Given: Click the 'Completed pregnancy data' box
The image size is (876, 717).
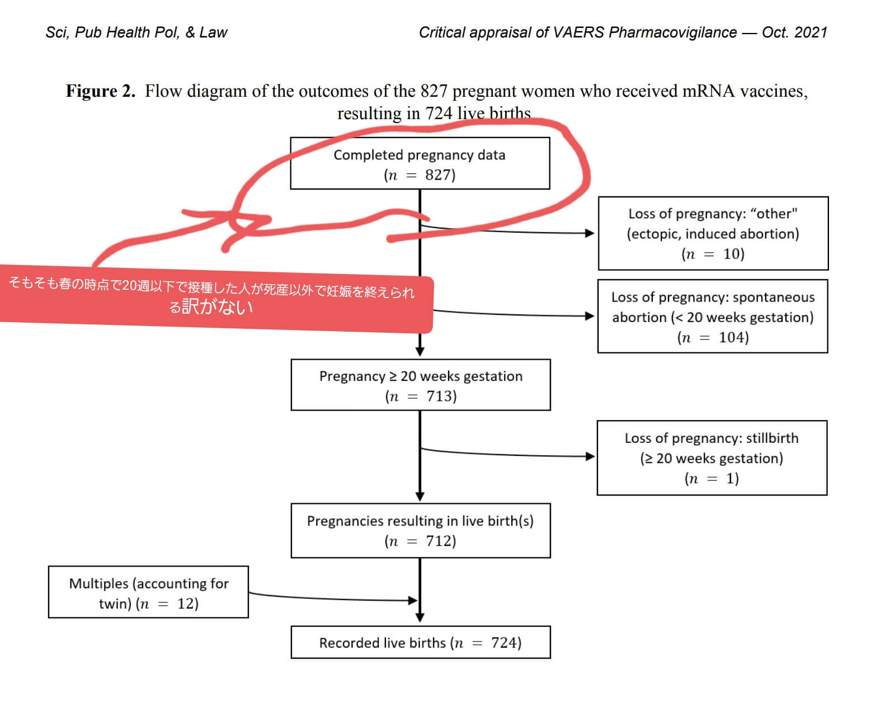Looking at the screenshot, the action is (x=420, y=163).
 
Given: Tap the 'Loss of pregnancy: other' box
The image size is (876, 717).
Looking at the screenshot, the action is (x=713, y=233).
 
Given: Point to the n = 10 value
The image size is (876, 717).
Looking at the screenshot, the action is (x=713, y=254).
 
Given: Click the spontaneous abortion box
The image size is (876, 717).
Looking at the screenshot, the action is (x=713, y=316).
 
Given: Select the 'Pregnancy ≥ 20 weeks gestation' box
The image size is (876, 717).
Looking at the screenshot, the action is (x=421, y=385).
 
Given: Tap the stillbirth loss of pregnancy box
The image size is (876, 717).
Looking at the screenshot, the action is (x=712, y=458).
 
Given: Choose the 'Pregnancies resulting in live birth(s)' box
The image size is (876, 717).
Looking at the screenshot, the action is (x=421, y=531).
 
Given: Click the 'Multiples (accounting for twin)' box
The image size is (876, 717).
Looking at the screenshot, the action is (x=148, y=592).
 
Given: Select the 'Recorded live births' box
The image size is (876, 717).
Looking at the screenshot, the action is (x=421, y=642).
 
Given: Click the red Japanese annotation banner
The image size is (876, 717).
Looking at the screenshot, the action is (x=216, y=298).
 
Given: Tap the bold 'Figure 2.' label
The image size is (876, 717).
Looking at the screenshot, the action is (x=101, y=91).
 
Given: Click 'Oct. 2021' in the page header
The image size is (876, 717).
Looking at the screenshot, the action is (x=794, y=32).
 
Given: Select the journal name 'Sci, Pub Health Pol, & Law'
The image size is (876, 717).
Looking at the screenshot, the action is (x=136, y=32).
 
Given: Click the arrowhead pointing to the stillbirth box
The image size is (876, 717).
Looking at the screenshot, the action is (x=590, y=456).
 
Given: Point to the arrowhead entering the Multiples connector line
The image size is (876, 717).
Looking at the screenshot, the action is (x=412, y=600).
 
